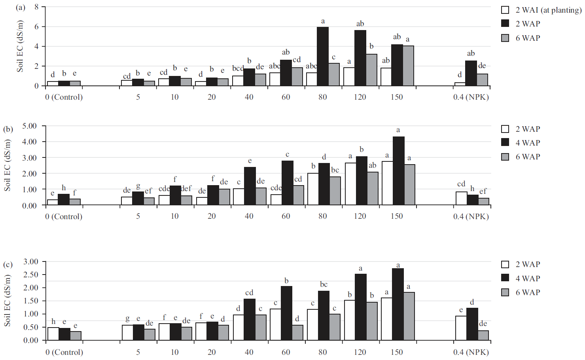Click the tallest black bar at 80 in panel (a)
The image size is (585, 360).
click(323, 56)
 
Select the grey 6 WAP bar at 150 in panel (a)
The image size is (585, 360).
click(408, 66)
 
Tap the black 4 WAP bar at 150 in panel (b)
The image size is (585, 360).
click(398, 171)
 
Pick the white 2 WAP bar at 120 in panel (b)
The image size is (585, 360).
click(350, 184)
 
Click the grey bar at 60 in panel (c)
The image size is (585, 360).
click(297, 333)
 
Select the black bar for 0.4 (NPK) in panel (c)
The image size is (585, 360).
click(472, 324)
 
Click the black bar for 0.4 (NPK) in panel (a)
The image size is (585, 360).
click(471, 73)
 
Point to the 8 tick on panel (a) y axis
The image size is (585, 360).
click(36, 7)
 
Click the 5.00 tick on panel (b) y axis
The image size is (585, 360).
click(29, 126)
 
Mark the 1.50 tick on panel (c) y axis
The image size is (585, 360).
click(31, 301)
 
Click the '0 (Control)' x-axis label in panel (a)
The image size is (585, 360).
click(64, 97)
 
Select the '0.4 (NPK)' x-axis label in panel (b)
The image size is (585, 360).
click(471, 216)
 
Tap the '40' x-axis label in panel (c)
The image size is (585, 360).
click(249, 352)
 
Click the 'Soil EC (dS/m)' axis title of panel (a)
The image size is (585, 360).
click(20, 46)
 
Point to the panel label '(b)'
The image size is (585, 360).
click(8, 129)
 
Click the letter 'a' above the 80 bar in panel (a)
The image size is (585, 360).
click(323, 21)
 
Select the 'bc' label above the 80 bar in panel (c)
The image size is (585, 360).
click(324, 284)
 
